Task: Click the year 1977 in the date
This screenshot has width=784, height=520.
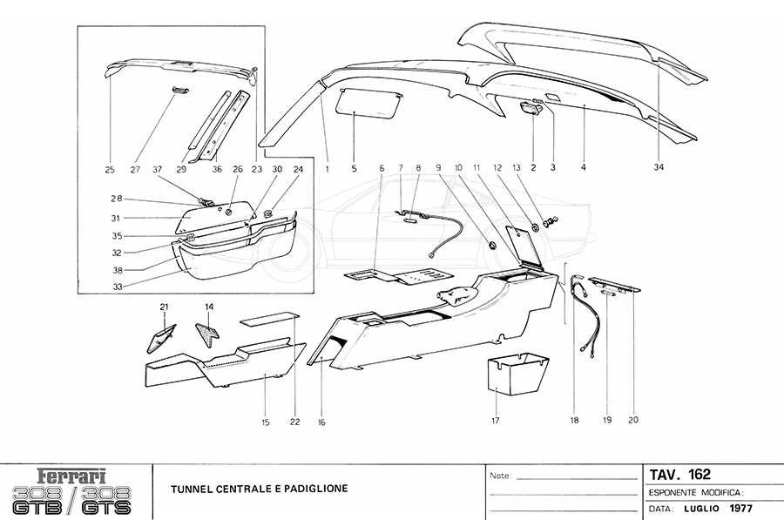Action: point(740,508)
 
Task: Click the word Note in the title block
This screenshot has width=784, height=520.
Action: point(500,476)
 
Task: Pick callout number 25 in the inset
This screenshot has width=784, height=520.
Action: point(111,170)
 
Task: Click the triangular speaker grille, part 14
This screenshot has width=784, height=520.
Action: point(206,335)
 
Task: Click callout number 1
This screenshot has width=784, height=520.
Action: point(328,170)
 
